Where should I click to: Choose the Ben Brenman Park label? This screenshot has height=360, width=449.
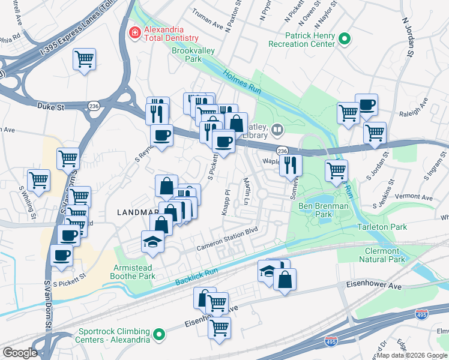(324, 209)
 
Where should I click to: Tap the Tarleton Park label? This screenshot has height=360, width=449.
(382, 227)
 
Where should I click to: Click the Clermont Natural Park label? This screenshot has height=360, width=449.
(381, 255)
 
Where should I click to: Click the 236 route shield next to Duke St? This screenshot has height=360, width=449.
(93, 106)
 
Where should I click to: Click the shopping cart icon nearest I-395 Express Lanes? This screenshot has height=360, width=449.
(85, 59)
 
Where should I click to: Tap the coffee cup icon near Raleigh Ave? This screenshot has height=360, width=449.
(366, 105)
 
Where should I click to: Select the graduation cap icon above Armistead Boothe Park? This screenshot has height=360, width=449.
(152, 242)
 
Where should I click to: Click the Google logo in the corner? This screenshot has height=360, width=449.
(19, 353)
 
